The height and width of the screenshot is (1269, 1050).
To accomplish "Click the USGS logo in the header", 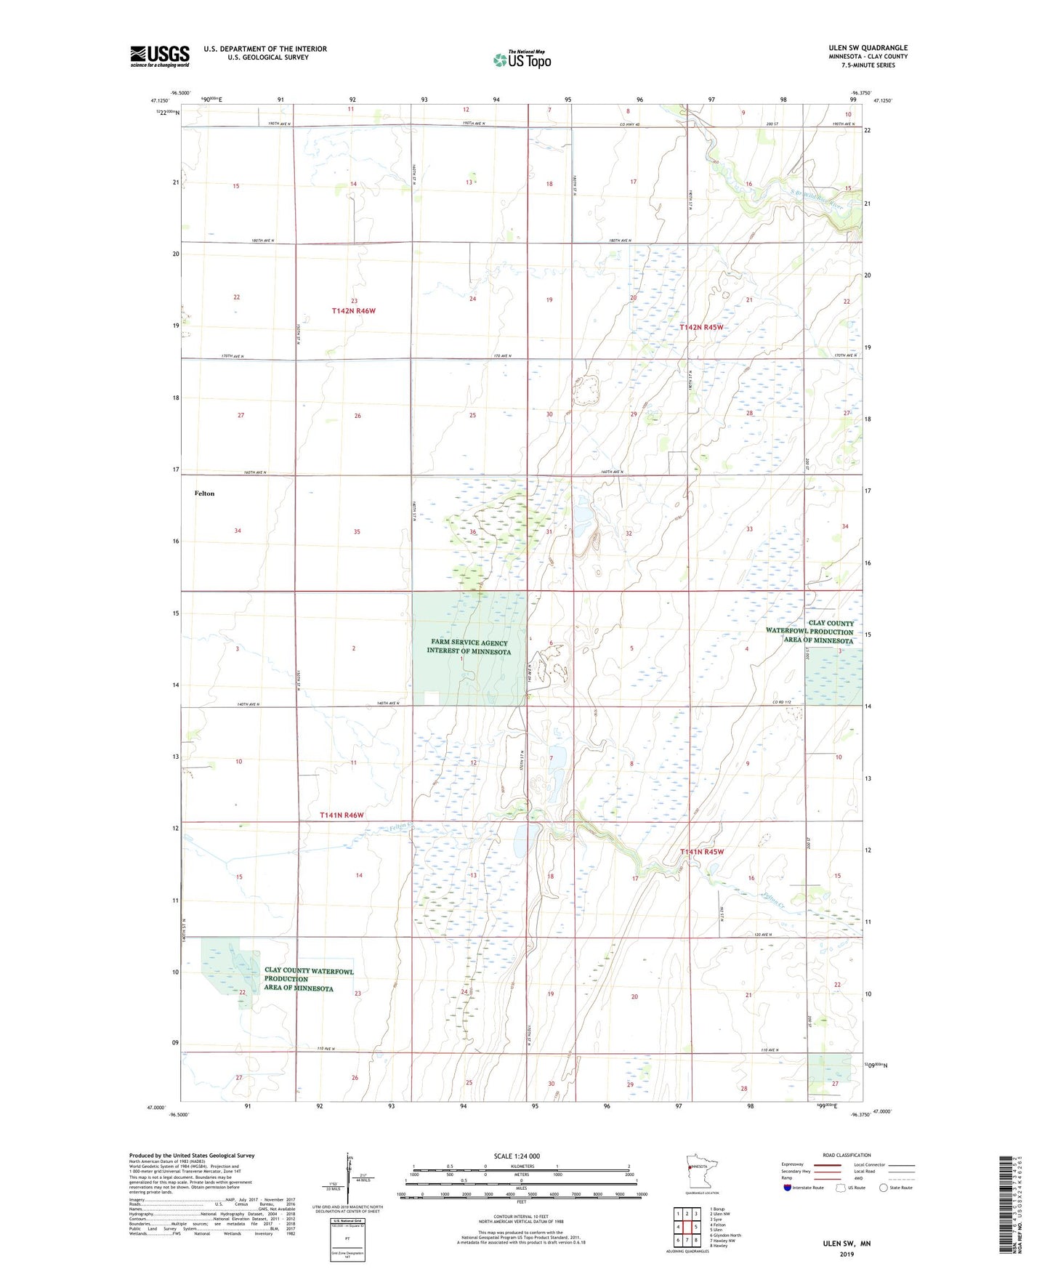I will [x=159, y=56].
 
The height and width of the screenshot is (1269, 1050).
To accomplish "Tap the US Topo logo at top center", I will [x=522, y=59].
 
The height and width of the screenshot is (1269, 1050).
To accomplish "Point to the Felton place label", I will [x=204, y=493].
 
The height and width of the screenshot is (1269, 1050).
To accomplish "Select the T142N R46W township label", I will [x=353, y=311].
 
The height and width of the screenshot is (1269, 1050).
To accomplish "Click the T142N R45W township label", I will [x=701, y=328].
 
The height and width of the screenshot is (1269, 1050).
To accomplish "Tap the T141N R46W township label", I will [x=342, y=815].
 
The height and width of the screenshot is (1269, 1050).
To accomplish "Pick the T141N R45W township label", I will [x=701, y=852].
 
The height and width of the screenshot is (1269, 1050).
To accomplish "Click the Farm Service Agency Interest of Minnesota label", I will [x=468, y=648].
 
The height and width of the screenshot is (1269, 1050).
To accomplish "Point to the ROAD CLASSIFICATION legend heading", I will [x=847, y=1155].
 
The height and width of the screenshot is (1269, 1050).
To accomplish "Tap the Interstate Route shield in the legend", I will [x=788, y=1188].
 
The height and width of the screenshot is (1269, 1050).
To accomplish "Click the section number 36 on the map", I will [x=473, y=532].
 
